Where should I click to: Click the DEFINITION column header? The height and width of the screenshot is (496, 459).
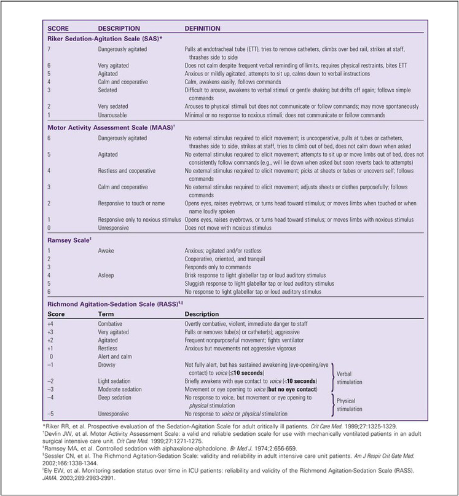203,28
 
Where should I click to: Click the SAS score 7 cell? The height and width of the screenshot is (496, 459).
49,48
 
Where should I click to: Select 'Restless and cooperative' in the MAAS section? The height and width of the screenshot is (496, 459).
127,171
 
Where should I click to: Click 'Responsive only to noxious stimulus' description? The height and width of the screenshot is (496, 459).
139,219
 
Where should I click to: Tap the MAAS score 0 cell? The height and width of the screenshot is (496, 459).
49,227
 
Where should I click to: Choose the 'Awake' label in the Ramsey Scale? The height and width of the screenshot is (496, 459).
106,251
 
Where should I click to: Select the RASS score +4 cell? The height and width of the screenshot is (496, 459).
52,323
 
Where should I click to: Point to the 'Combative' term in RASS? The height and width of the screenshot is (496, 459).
111,323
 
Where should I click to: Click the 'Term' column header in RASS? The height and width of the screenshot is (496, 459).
105,313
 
